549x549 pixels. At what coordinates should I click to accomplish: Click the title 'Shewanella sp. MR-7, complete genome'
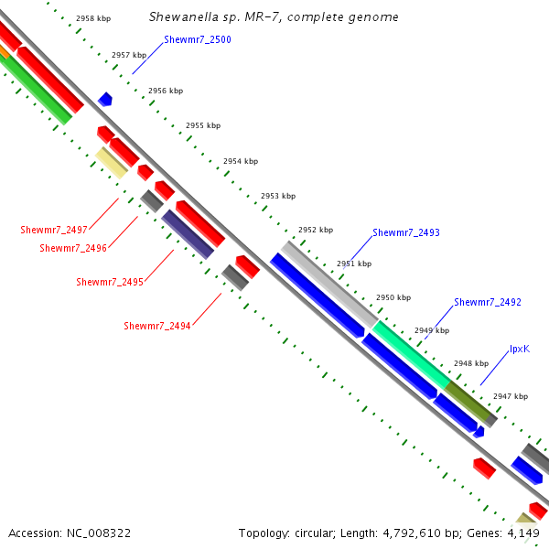274,17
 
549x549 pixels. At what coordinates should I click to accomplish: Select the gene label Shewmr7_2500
191,40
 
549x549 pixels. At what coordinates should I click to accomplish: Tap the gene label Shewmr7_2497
54,230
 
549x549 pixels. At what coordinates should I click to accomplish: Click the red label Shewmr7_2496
73,248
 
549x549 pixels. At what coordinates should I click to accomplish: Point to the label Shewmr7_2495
109,282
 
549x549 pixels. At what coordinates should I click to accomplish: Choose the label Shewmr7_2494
157,326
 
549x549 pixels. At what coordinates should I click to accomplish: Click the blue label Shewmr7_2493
406,233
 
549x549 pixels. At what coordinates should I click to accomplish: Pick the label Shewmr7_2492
488,302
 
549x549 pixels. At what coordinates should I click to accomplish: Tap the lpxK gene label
520,350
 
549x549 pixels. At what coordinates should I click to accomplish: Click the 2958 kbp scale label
93,18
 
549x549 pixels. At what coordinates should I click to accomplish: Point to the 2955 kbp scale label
203,125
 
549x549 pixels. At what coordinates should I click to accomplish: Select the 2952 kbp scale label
316,230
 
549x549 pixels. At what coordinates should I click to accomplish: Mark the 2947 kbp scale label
511,396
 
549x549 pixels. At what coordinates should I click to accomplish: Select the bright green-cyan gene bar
411,354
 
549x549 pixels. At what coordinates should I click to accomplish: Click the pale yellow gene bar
112,163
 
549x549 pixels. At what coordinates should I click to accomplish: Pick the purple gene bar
188,234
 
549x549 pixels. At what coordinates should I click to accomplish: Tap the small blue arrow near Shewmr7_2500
105,99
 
